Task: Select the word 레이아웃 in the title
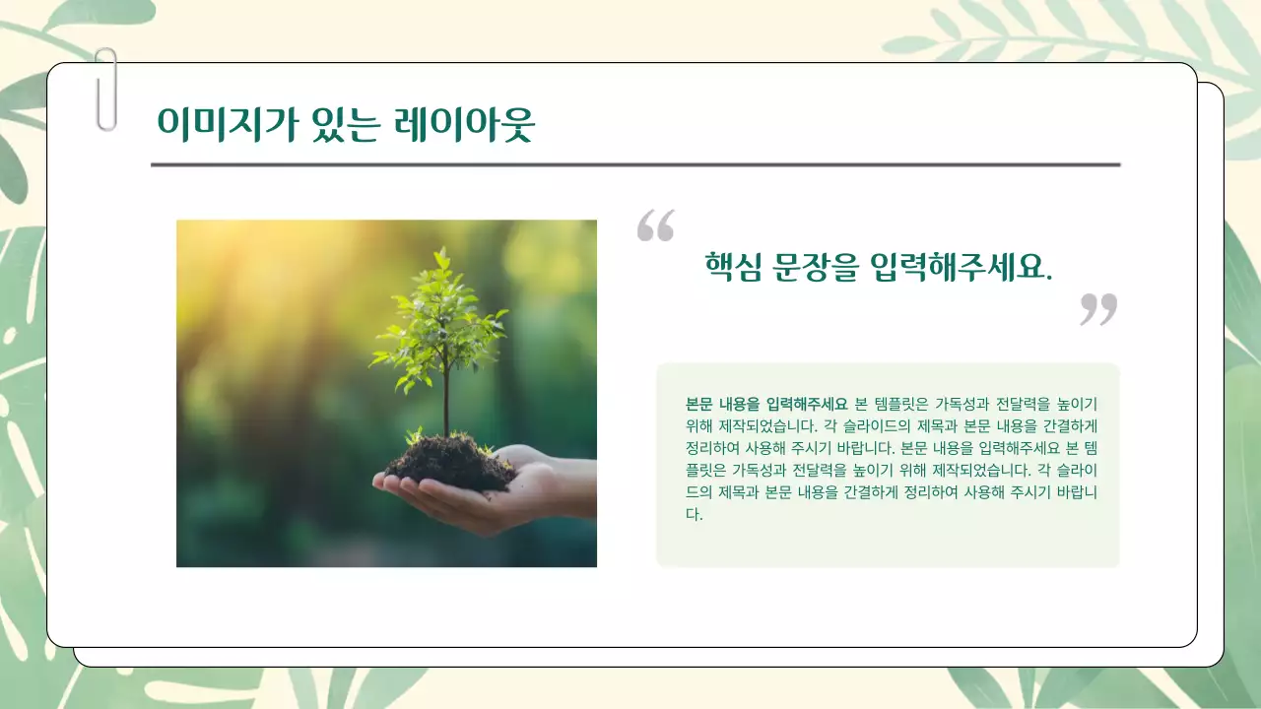[463, 124]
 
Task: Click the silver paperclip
[105, 90]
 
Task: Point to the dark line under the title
[635, 164]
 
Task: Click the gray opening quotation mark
[655, 226]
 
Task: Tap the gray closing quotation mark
[1098, 308]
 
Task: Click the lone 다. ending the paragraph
[695, 514]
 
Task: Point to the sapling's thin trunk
[446, 399]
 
